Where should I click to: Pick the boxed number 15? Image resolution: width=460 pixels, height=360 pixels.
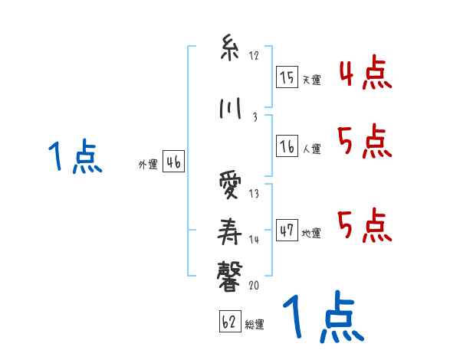click(287, 77)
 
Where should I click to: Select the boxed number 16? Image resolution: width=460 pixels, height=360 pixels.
click(287, 146)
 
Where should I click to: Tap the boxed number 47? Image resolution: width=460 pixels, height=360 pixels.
click(287, 230)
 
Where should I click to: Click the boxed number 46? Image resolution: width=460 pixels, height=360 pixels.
click(172, 162)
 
